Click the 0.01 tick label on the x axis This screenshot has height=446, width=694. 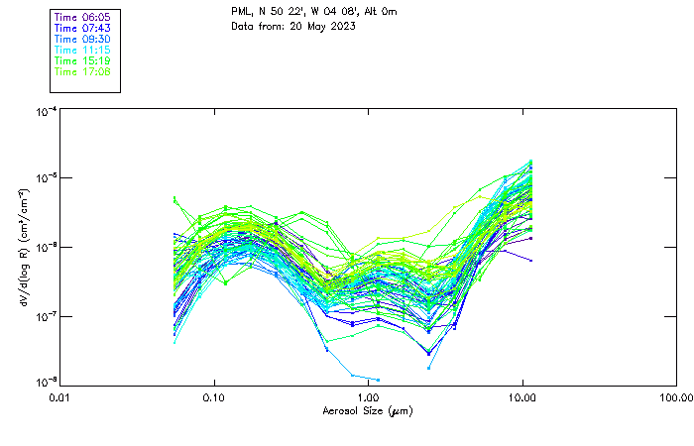point(60,397)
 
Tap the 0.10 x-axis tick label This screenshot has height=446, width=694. point(214,397)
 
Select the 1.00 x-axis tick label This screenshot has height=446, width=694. point(368,397)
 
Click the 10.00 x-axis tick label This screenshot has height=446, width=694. point(521,397)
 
